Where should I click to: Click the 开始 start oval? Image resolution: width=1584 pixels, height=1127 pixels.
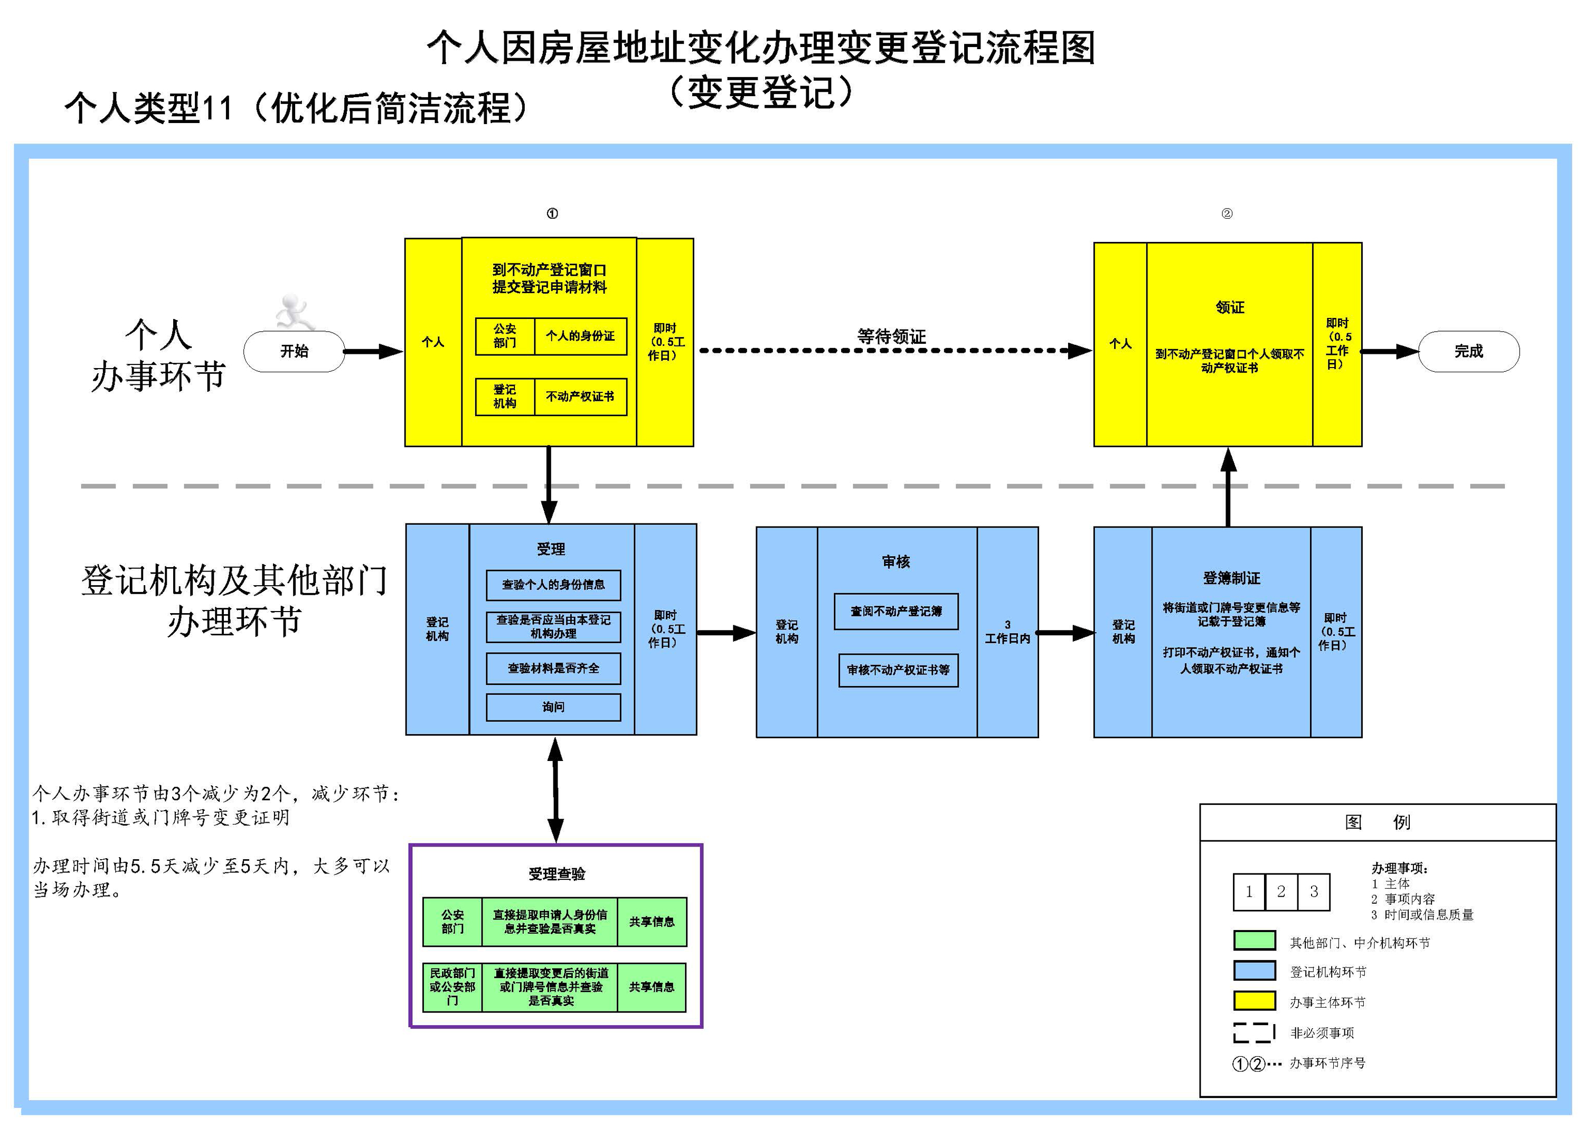point(294,351)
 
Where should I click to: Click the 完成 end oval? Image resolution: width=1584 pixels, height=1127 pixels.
point(1468,351)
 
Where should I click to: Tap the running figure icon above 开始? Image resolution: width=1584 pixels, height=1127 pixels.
point(294,312)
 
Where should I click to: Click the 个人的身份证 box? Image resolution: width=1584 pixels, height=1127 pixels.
point(580,336)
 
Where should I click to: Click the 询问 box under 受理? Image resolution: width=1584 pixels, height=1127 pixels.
point(553,707)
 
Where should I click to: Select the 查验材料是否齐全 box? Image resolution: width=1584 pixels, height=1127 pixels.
point(553,668)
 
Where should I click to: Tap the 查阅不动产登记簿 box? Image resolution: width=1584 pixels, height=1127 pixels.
point(895,612)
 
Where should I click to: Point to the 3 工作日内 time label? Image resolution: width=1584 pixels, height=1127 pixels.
point(1007,632)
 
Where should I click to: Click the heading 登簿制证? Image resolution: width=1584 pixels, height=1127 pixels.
point(1231,578)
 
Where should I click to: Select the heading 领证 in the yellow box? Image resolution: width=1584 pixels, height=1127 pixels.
point(1230,307)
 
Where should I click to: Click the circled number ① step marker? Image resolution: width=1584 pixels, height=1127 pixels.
point(552,214)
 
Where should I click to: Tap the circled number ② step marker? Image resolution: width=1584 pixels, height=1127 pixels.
point(1227,214)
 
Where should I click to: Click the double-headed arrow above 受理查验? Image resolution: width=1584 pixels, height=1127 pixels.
point(555,790)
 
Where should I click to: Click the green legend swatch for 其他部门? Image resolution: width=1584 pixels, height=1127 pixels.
point(1254,941)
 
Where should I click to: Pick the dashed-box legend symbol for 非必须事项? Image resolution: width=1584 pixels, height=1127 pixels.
point(1254,1032)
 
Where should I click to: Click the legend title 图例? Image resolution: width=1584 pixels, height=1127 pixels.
point(1377,822)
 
